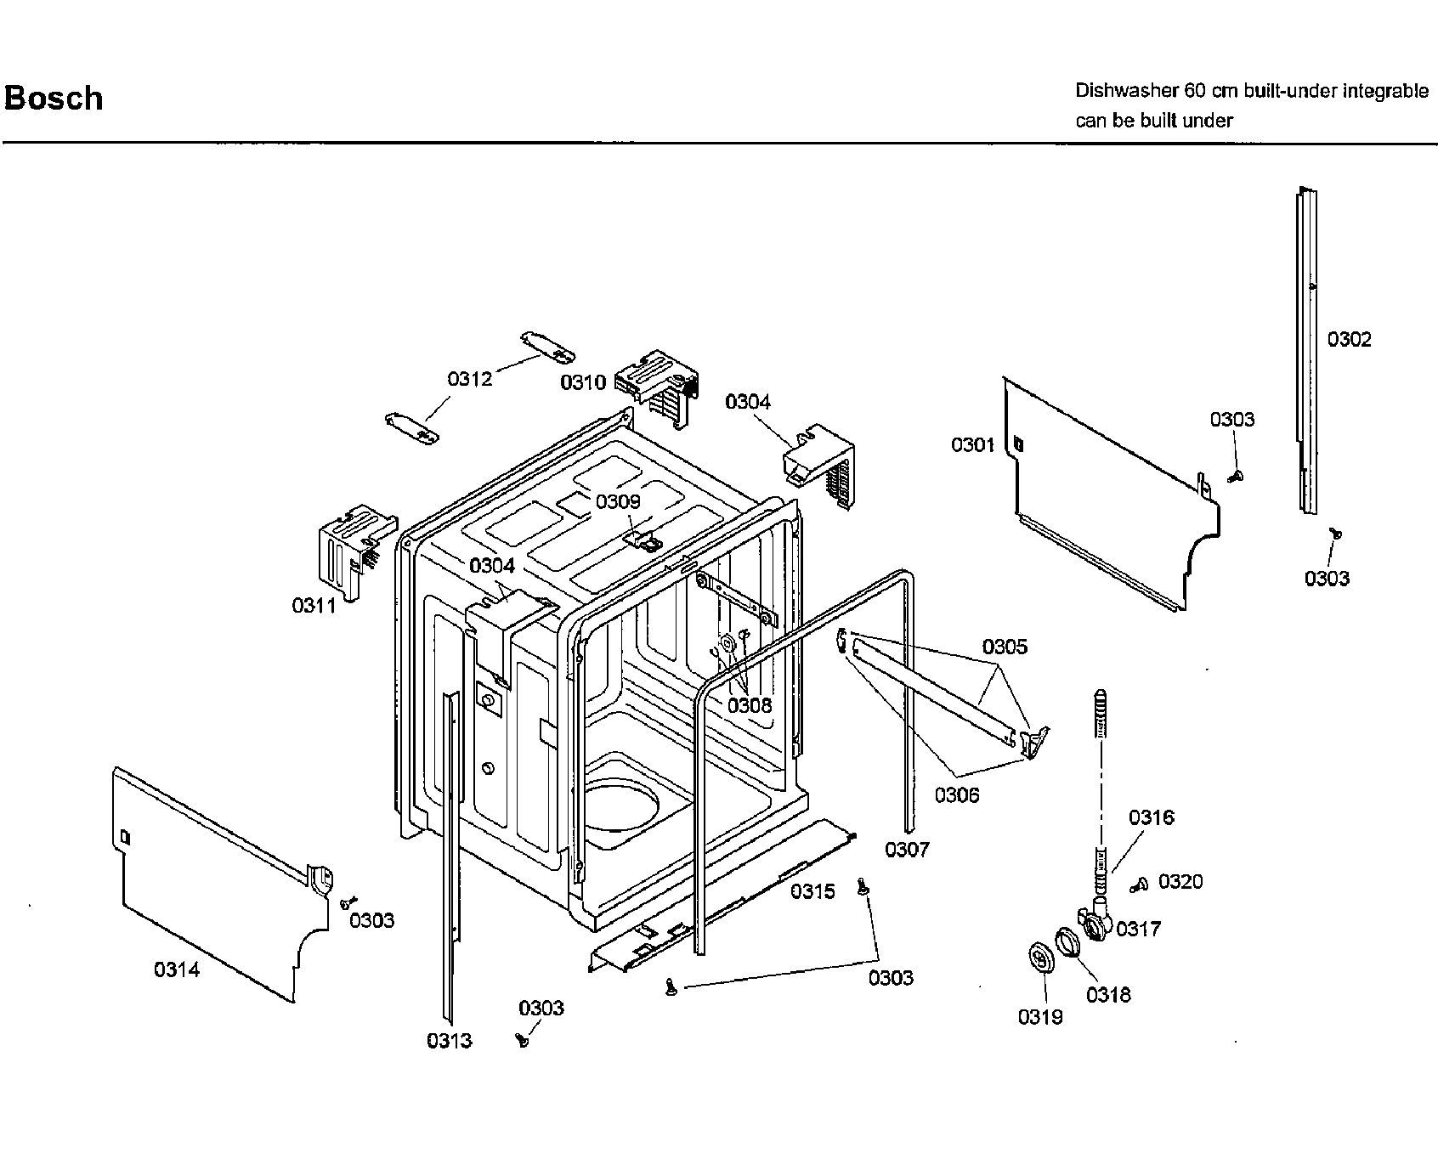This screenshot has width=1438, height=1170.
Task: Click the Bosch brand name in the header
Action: tap(54, 99)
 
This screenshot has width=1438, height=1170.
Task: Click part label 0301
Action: tap(972, 444)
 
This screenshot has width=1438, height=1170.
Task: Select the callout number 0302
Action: tap(1349, 340)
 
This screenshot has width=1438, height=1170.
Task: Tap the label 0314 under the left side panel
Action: tap(177, 969)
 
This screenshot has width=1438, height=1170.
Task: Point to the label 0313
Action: tap(449, 1041)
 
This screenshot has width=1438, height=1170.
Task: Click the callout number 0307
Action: tap(907, 849)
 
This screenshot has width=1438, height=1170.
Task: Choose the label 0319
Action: tap(1040, 1017)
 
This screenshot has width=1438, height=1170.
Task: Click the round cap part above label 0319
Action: tap(1038, 958)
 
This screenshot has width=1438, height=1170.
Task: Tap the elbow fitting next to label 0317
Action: tap(1096, 923)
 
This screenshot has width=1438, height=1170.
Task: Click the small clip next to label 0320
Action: tap(1141, 885)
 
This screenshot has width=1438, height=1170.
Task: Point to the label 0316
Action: tap(1151, 817)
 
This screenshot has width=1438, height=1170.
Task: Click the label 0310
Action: tap(583, 382)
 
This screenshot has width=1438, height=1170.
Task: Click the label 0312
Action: tap(469, 379)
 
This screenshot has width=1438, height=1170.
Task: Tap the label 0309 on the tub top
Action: tap(618, 501)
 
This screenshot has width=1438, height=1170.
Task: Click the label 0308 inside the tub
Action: tap(750, 704)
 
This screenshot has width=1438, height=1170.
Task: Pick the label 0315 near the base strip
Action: tap(812, 891)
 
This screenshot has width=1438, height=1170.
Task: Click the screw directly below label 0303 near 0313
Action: tap(523, 1038)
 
